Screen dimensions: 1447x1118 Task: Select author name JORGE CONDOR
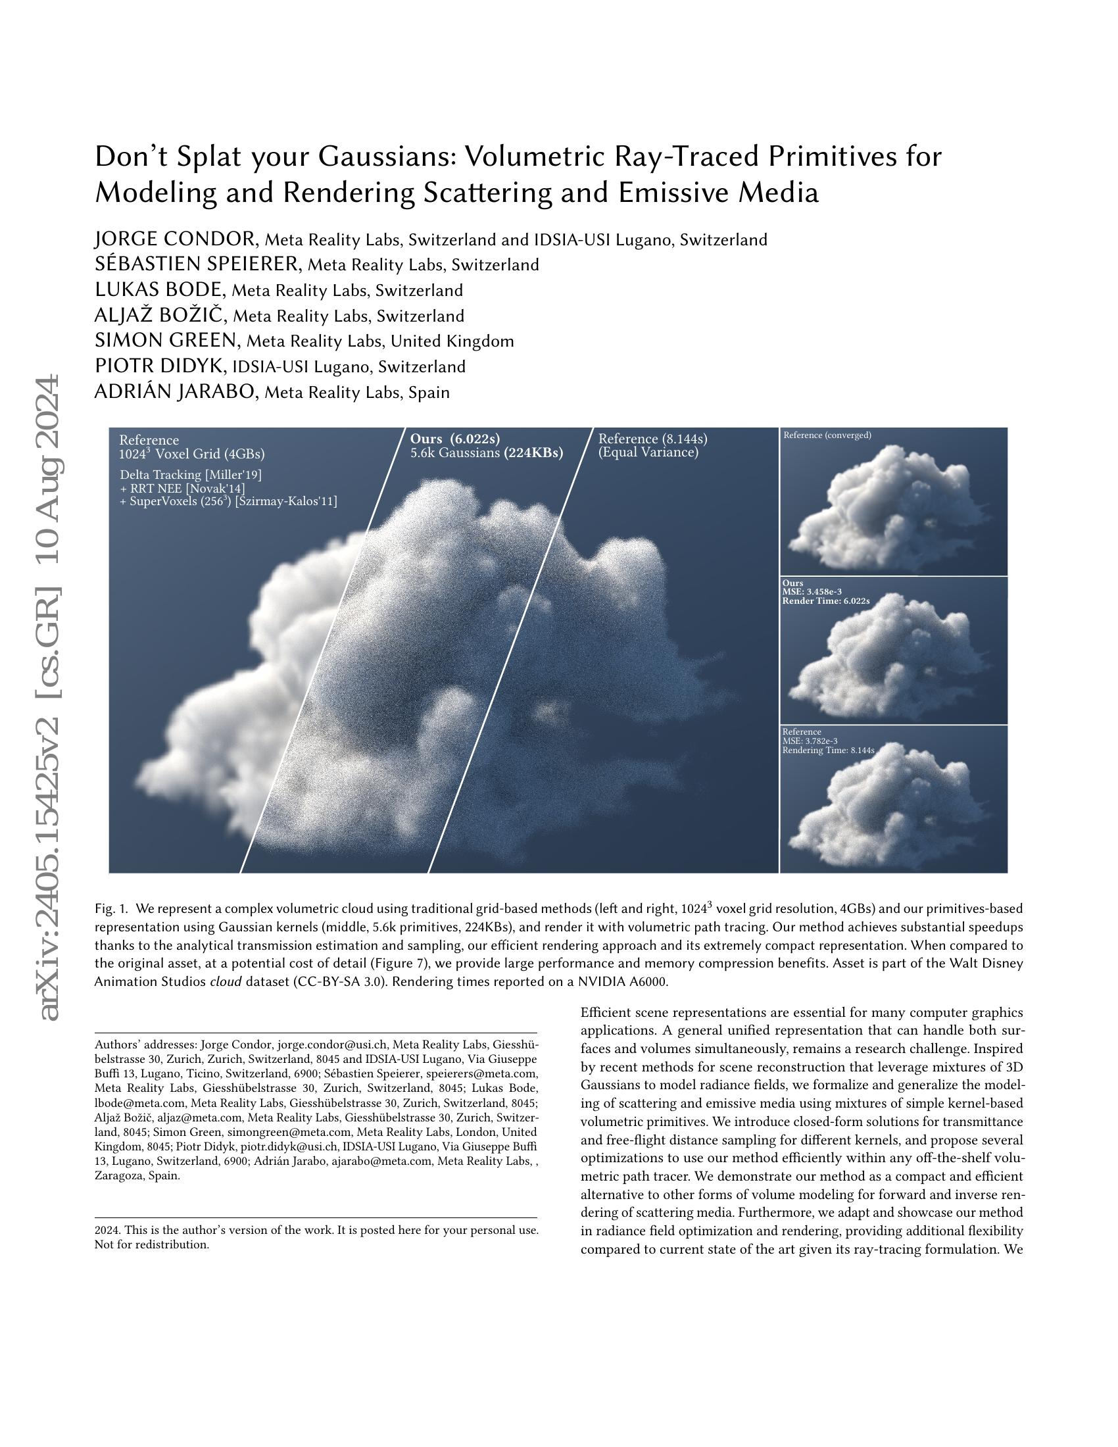pos(176,239)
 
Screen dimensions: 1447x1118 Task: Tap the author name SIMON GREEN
pos(166,341)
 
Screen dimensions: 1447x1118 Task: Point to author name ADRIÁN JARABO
pos(176,392)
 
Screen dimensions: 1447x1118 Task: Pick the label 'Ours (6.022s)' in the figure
pos(455,439)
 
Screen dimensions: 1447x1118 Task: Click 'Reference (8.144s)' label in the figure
pos(653,439)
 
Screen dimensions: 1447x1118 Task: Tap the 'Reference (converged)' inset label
pos(827,435)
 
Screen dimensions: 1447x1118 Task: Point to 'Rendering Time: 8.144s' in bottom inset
pos(829,750)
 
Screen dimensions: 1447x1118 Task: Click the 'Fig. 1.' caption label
pos(109,908)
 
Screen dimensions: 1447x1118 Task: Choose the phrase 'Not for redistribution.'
pos(152,1244)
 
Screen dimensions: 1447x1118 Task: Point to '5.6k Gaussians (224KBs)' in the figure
pos(487,453)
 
